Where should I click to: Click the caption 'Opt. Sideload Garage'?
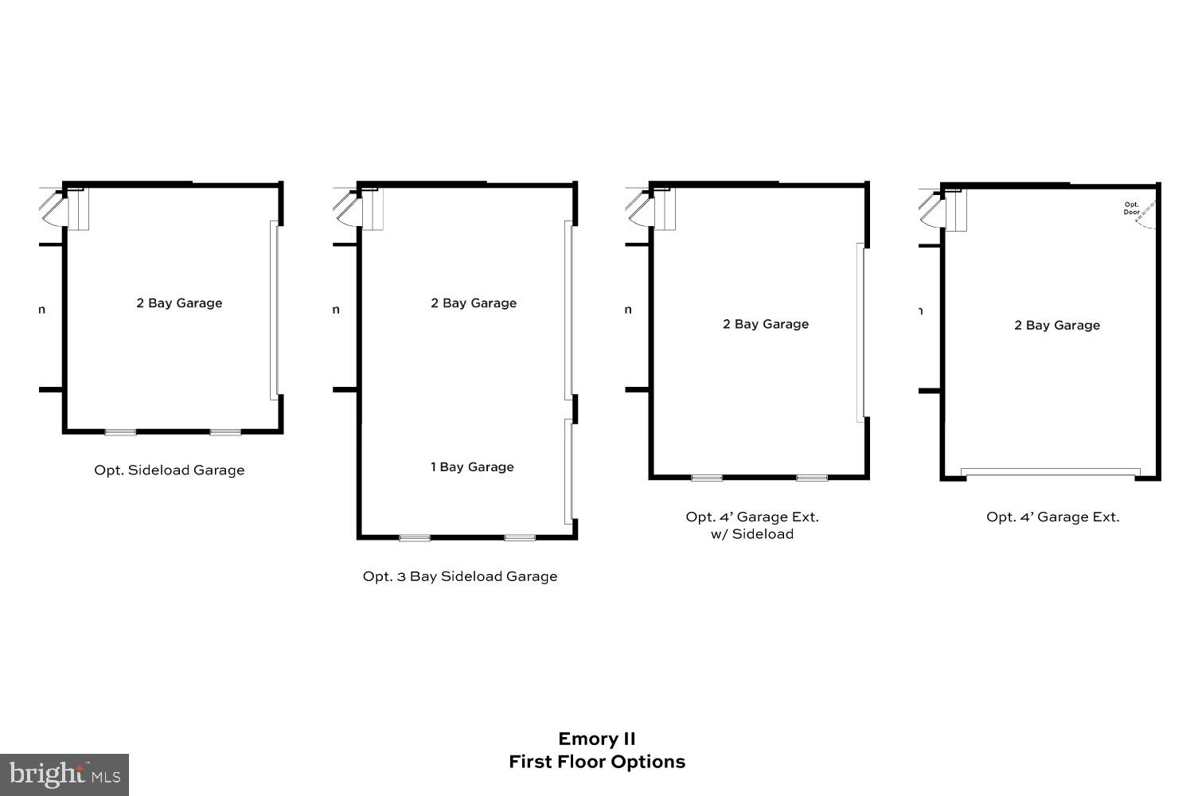point(169,470)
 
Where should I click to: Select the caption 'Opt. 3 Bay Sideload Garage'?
point(459,576)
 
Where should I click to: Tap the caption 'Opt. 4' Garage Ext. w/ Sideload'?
point(752,525)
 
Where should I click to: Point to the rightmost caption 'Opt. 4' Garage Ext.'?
point(1052,517)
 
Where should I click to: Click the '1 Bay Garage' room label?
point(472,467)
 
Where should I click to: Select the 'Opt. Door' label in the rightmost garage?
point(1131,209)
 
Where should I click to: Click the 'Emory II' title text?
point(596,739)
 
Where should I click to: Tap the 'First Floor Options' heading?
point(596,762)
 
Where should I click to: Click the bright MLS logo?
point(64,774)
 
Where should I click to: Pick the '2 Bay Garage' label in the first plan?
point(179,303)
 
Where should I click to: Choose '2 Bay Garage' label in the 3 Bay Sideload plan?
point(474,303)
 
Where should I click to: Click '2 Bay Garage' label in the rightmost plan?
point(1056,326)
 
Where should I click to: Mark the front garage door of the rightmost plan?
point(1050,473)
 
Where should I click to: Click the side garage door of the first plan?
point(274,310)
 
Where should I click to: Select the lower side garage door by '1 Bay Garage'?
point(568,471)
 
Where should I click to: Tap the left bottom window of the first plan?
point(120,432)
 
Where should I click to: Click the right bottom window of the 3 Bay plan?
point(520,538)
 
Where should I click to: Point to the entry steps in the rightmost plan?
point(956,212)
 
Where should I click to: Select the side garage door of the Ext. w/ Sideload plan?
point(860,331)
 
